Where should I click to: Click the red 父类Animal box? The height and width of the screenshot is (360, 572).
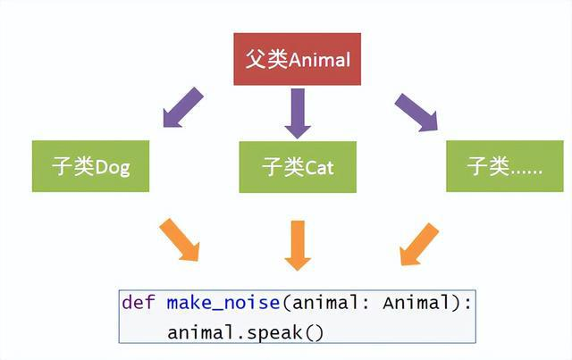(298, 59)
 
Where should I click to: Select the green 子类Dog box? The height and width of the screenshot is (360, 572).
(90, 166)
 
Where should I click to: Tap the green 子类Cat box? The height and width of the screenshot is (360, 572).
(298, 167)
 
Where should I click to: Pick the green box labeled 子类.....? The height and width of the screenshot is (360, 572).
(505, 166)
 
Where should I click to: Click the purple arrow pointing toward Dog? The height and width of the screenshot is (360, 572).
(182, 107)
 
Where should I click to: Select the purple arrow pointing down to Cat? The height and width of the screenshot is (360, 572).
(298, 113)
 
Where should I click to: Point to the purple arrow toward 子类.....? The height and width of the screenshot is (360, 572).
(416, 112)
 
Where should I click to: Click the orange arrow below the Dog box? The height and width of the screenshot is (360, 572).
(180, 239)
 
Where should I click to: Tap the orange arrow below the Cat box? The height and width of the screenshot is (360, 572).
(298, 246)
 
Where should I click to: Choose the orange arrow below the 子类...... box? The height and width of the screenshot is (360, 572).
(419, 244)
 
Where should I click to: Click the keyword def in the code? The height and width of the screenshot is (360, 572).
(139, 303)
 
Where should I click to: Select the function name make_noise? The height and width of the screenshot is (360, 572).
(223, 303)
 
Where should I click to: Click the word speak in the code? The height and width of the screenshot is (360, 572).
(274, 333)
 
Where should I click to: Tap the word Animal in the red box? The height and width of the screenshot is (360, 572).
(320, 60)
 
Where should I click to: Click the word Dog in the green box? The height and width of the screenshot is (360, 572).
(113, 168)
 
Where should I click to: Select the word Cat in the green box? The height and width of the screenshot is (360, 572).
(319, 168)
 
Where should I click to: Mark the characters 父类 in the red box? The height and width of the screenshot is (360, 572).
(267, 59)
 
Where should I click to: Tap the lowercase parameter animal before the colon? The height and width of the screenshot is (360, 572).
(325, 303)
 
